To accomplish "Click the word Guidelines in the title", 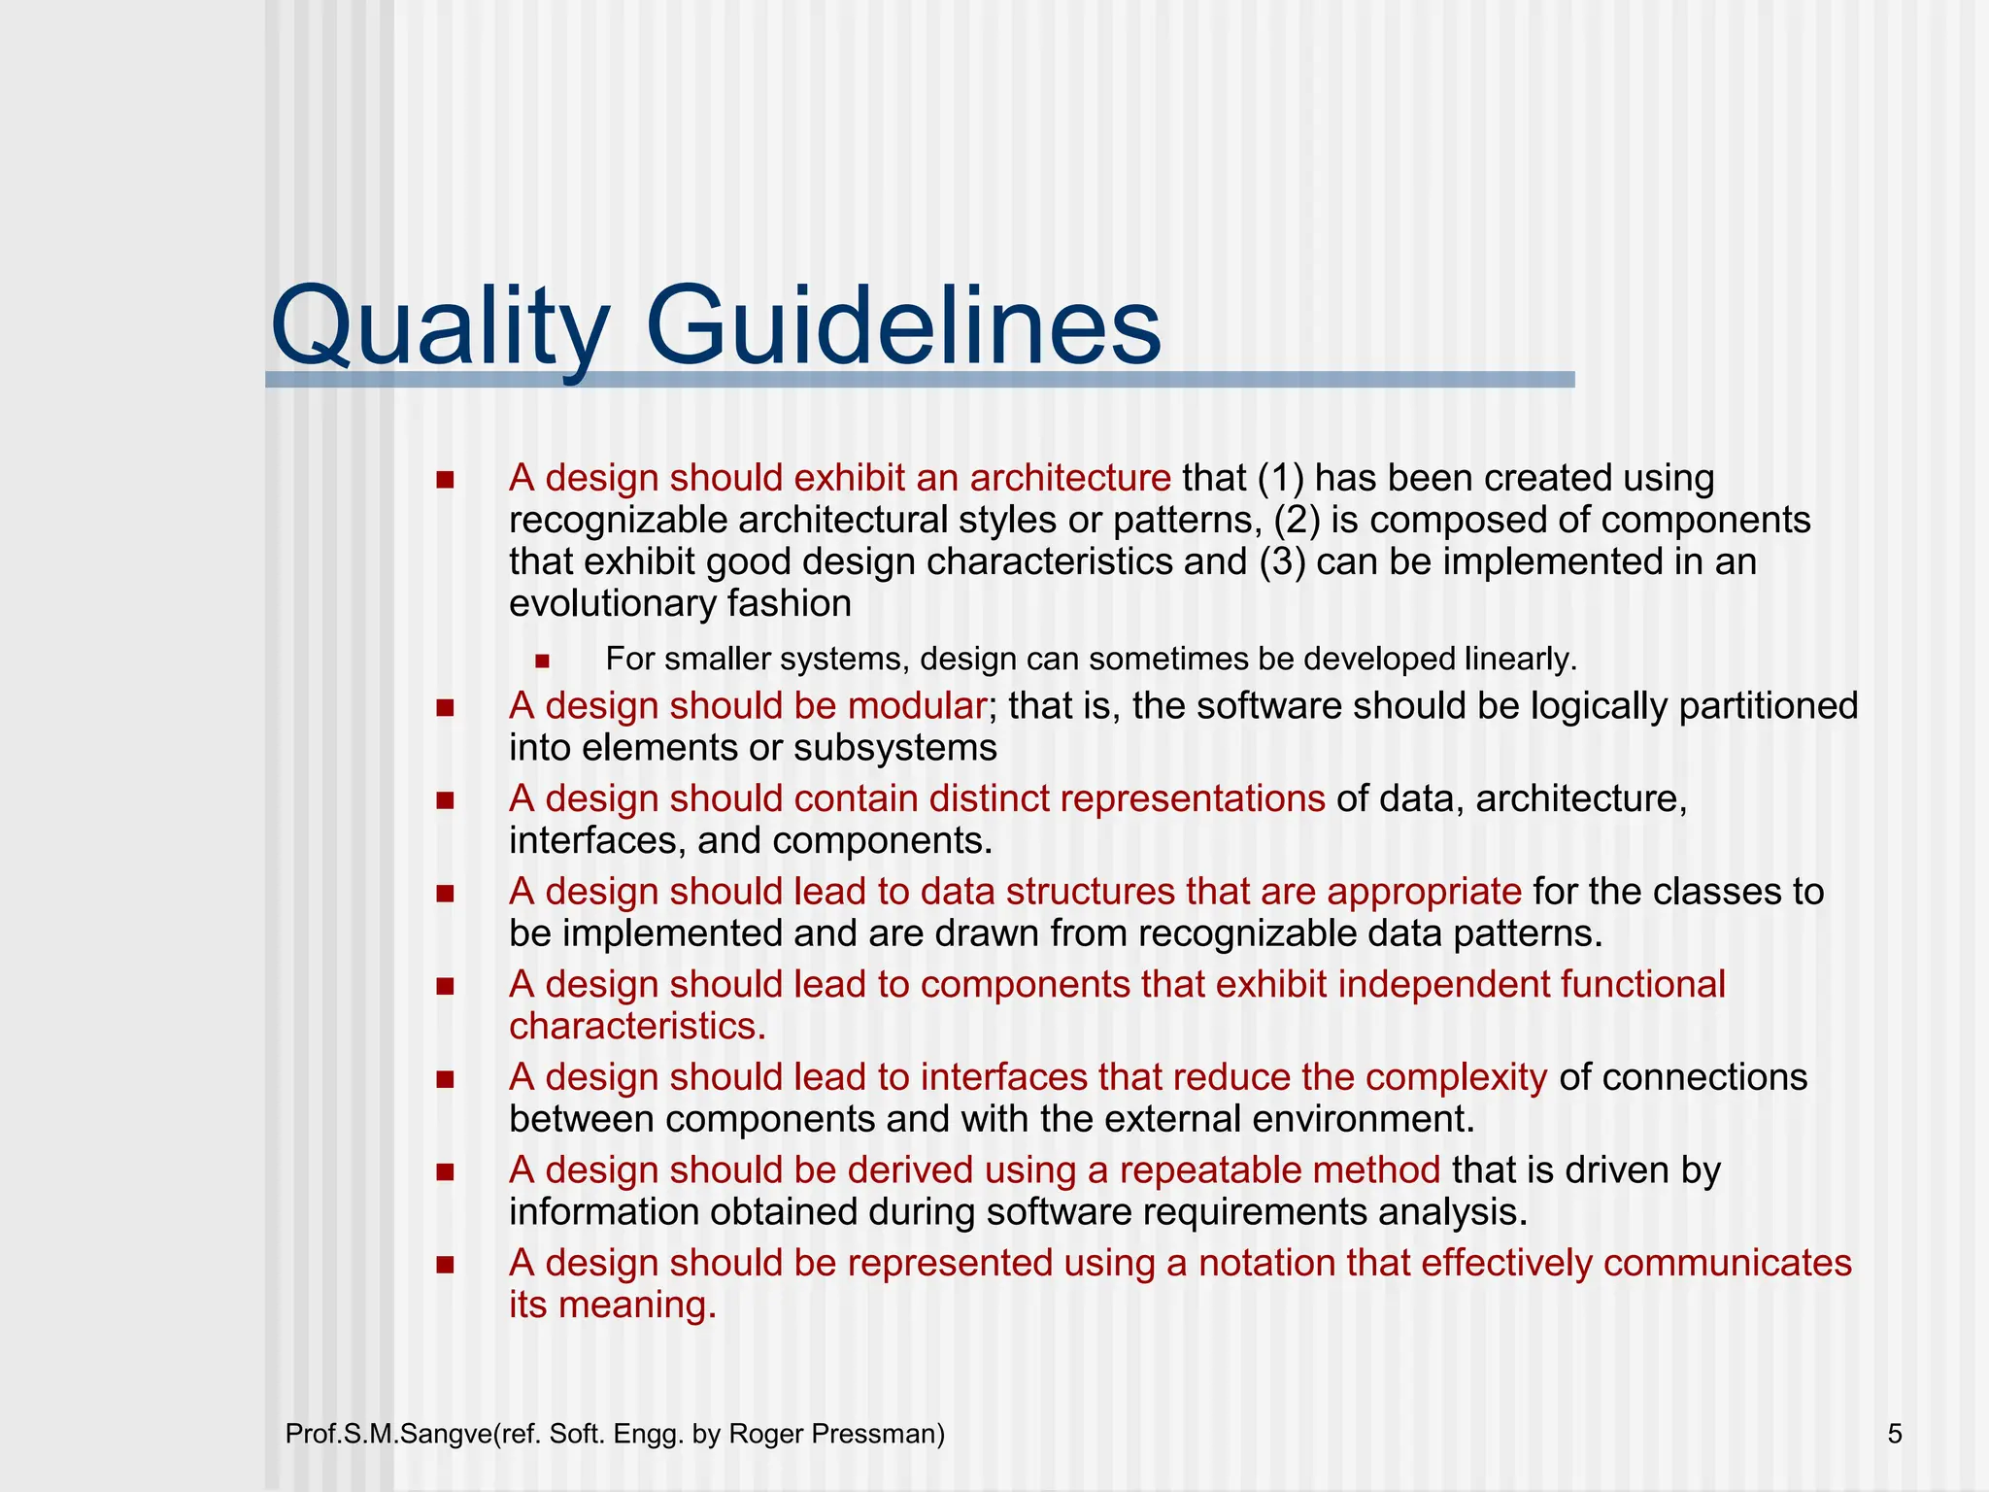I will point(902,325).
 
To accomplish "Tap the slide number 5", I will point(1895,1434).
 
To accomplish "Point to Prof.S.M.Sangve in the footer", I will point(389,1434).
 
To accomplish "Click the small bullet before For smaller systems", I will point(542,661).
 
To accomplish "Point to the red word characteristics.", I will point(637,1026).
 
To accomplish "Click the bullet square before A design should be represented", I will point(446,1265).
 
